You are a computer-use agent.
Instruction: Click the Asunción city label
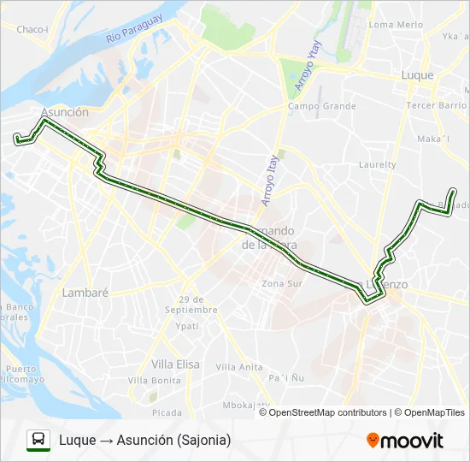coord(64,112)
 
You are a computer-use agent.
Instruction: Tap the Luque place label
coord(418,75)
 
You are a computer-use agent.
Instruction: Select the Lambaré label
coord(85,292)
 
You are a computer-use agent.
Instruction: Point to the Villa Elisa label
coord(175,364)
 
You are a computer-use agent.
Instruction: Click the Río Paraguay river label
coord(134,31)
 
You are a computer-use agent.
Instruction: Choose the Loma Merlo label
coord(395,25)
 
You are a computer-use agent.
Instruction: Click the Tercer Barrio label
coord(434,105)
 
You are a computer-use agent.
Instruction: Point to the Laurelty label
coord(377,164)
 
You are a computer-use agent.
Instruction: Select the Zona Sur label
coord(282,283)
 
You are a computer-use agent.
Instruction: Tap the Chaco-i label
coord(32,29)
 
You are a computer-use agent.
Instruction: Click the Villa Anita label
coord(239,367)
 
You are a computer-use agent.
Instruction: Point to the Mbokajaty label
coord(246,405)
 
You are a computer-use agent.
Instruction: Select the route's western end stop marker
coord(15,137)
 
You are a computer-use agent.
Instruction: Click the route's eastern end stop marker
coord(452,190)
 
